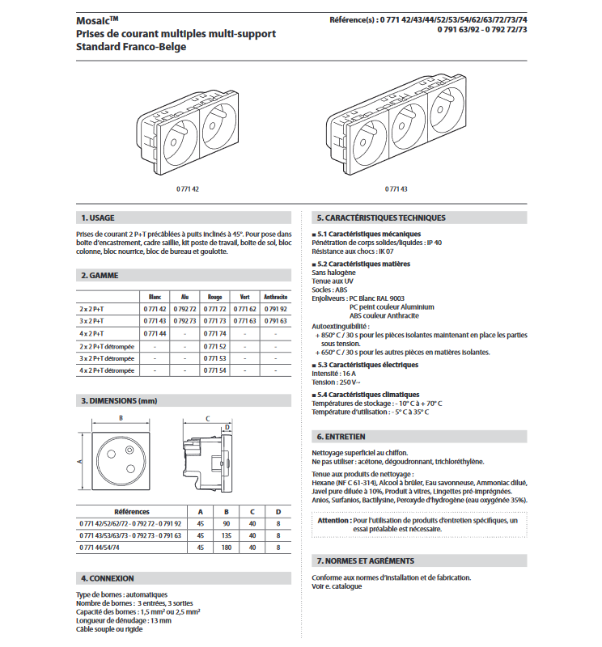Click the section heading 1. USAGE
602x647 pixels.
coord(98,218)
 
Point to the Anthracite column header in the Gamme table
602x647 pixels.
coord(276,297)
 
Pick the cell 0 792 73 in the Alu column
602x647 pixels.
coord(184,321)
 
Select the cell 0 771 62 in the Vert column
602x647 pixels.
coord(245,309)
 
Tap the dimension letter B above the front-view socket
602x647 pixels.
coord(121,418)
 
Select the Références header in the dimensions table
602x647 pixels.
coord(131,512)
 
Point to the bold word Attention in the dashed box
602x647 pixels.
coord(334,521)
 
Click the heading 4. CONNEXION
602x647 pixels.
coord(108,578)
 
